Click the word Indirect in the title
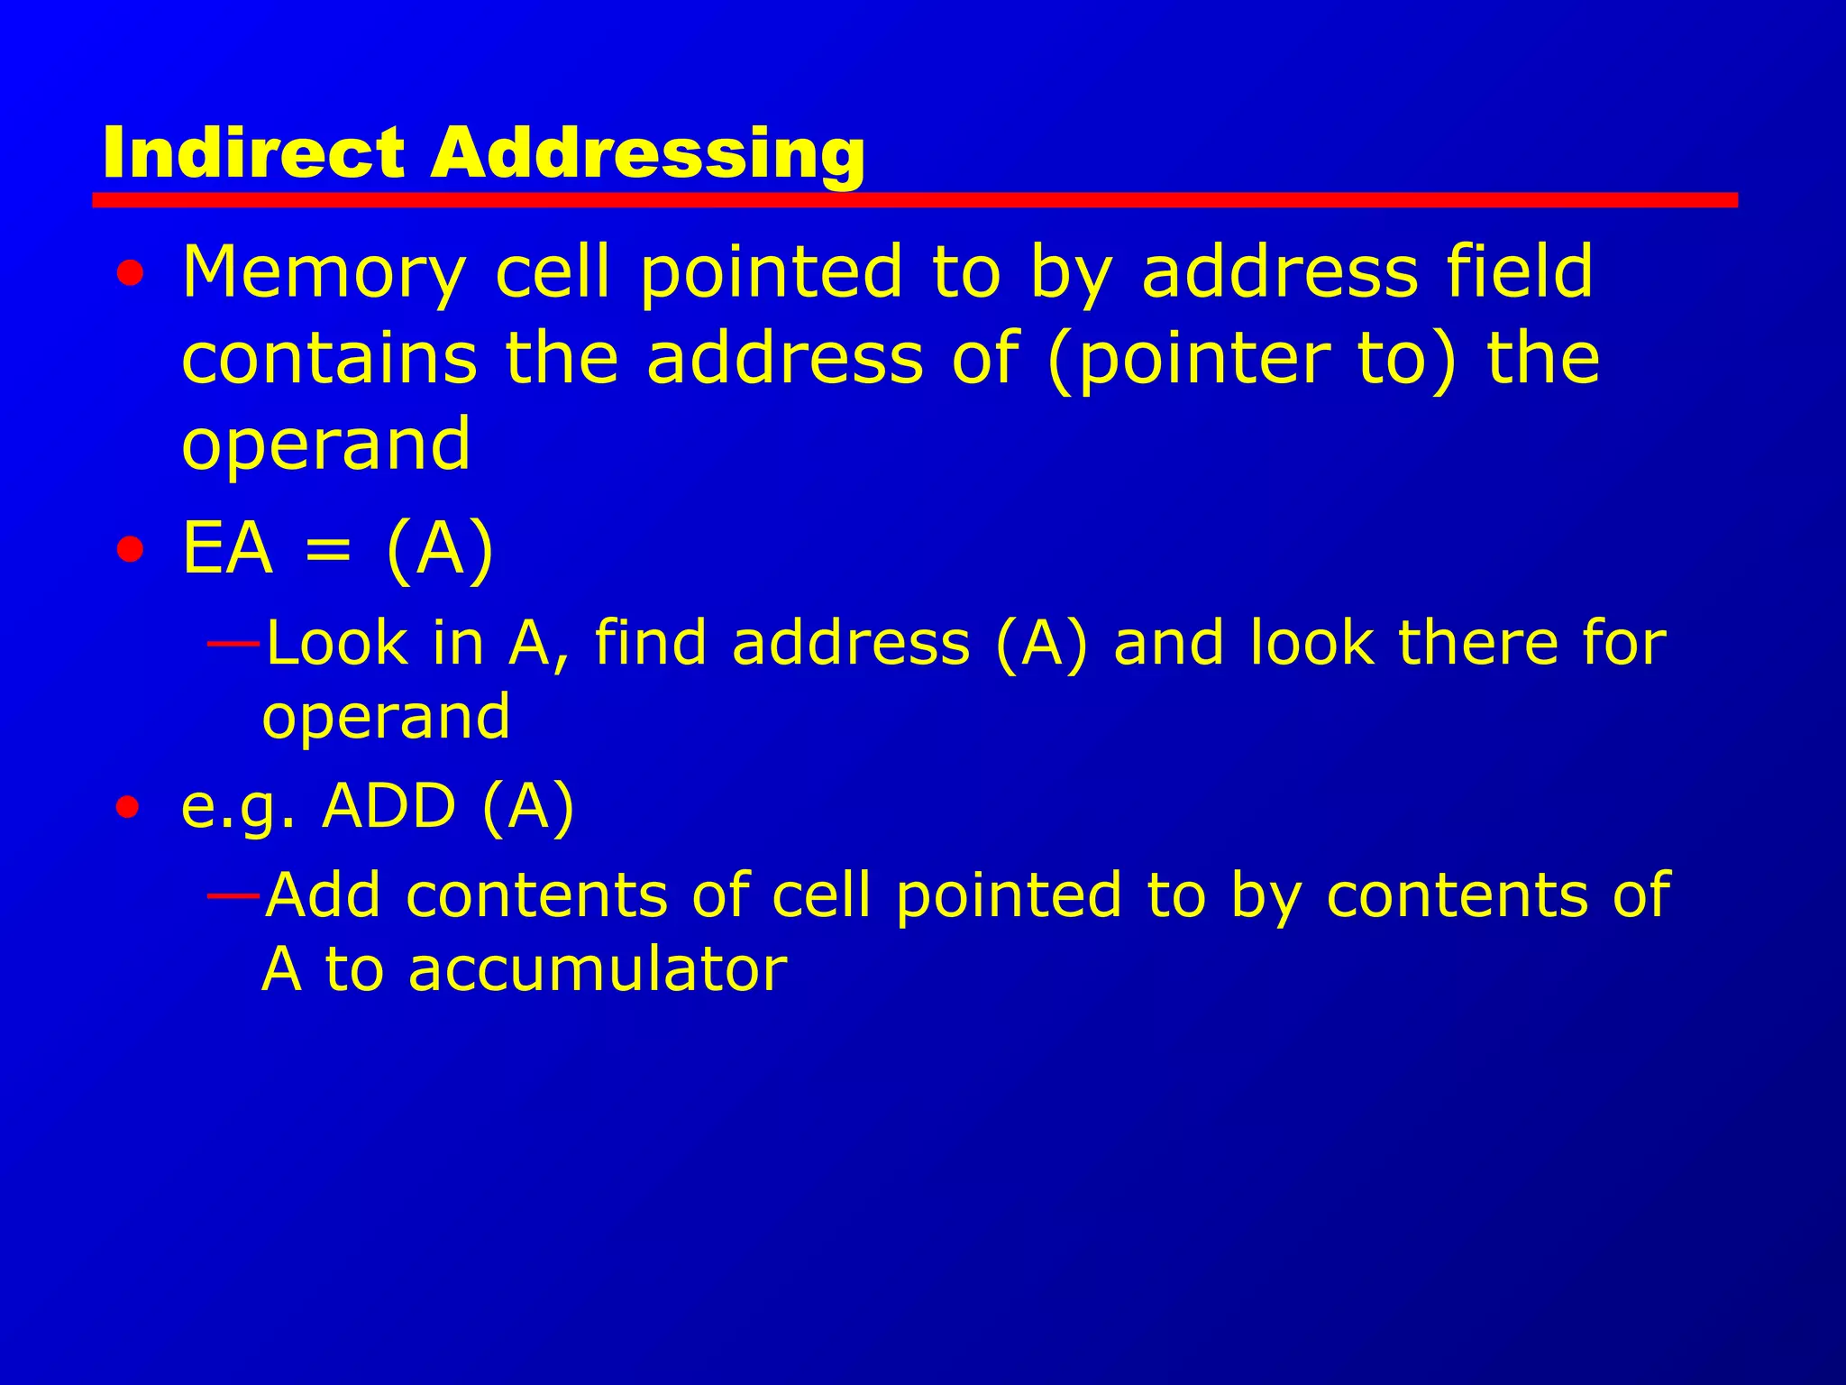click(253, 153)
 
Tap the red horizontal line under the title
click(914, 200)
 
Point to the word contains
click(329, 358)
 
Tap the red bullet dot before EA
click(130, 549)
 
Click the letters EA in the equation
click(227, 548)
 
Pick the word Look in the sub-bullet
click(337, 644)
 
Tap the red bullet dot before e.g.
click(128, 807)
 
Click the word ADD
click(388, 805)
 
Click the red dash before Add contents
click(233, 895)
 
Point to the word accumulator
click(597, 969)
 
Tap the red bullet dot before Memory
click(130, 273)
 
